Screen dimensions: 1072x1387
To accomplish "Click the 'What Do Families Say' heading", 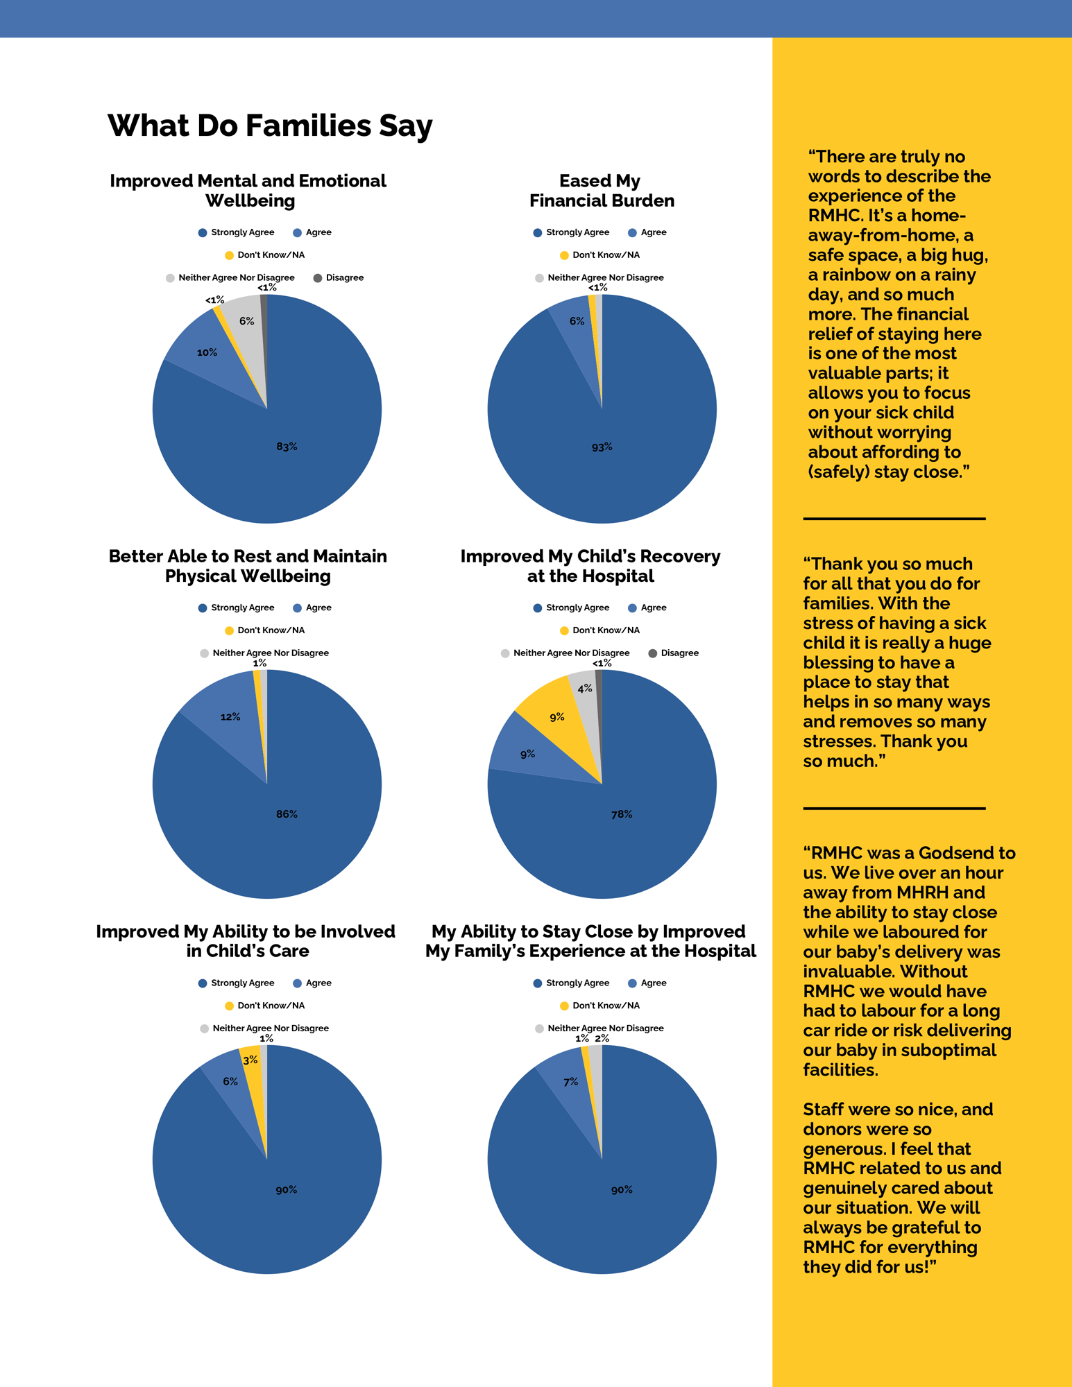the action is [270, 126].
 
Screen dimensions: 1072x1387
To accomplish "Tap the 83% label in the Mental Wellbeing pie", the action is [287, 447].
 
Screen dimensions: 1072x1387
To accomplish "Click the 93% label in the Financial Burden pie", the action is [602, 447].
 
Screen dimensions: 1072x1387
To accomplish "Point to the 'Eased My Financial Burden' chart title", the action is [602, 191].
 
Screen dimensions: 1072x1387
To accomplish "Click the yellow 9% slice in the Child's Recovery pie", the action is [555, 721].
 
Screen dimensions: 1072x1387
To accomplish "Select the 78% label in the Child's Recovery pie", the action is [622, 814].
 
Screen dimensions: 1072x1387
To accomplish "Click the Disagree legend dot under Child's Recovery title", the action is [652, 653].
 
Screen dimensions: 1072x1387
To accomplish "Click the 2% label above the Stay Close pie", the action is [602, 1038].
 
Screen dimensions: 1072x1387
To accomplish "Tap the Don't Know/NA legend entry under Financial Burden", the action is [599, 255].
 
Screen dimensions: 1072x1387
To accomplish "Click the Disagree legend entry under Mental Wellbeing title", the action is [339, 278].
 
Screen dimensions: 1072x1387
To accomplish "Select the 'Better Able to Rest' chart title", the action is [248, 566].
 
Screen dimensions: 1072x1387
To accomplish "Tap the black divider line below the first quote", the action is [894, 519].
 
